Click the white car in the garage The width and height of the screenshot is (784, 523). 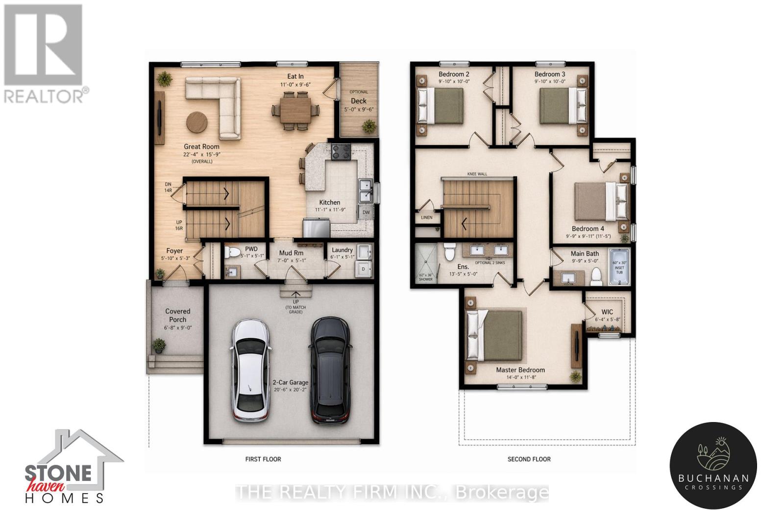pos(250,370)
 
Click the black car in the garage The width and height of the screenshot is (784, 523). pos(330,370)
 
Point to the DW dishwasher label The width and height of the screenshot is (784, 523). pos(366,213)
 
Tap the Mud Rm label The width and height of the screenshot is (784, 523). pos(291,253)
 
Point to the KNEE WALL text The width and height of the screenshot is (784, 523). pos(477,174)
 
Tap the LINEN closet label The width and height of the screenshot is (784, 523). pos(427,217)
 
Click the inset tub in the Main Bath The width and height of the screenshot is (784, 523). pos(619,267)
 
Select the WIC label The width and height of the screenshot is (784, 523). pos(607,312)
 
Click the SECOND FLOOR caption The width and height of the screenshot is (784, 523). pos(529,459)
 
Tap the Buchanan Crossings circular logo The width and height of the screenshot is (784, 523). pos(713,466)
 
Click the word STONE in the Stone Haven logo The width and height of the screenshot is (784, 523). pos(58,473)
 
